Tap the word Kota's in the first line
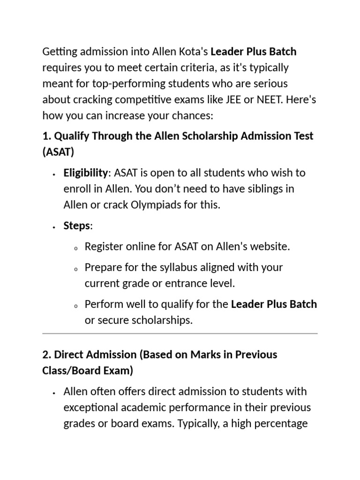tap(192, 52)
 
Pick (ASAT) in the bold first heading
tap(58, 152)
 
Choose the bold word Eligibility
tap(85, 173)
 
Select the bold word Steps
tap(76, 226)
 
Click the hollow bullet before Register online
tap(75, 248)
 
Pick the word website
tap(271, 247)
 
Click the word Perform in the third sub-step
tap(102, 305)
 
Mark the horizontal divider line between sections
tap(180, 334)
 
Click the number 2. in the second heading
tap(47, 354)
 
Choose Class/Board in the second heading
tap(68, 371)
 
